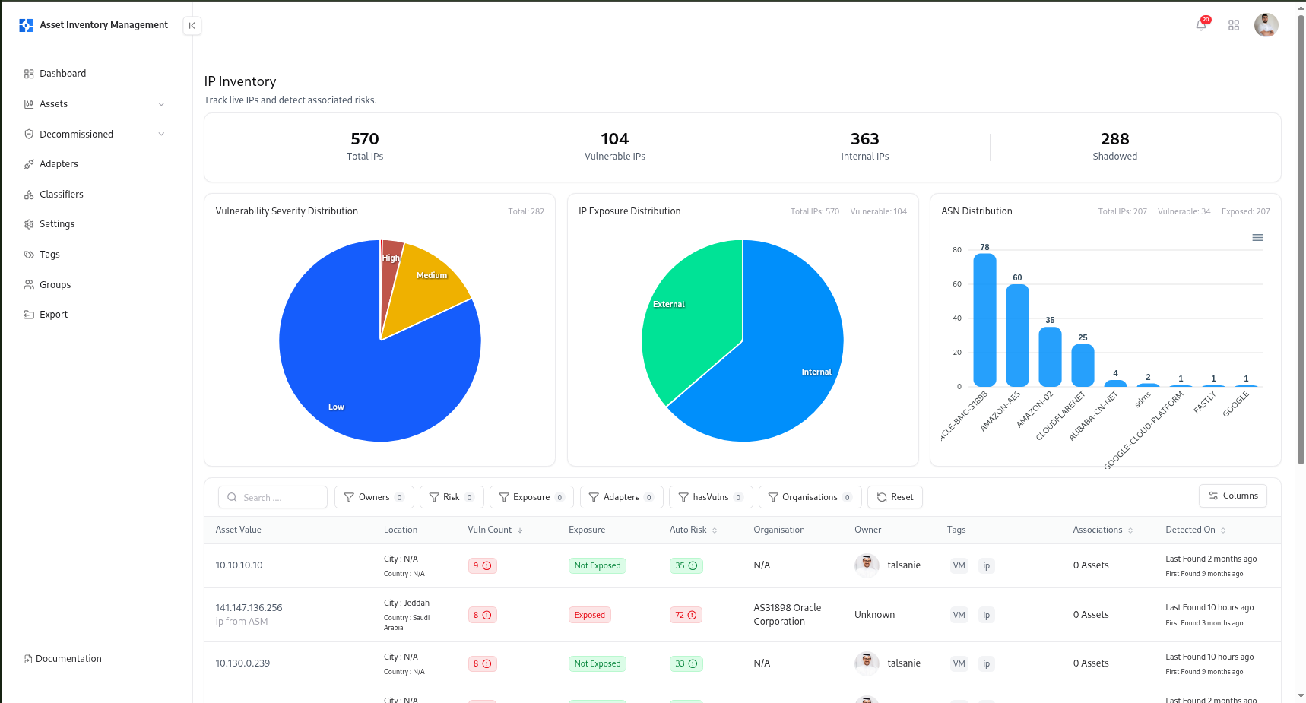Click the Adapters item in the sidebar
coord(59,164)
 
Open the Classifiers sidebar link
coord(61,195)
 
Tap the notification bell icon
coord(1200,25)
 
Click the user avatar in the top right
coord(1266,25)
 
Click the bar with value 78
coord(984,320)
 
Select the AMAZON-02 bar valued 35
coord(1050,356)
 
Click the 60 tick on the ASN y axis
coord(957,284)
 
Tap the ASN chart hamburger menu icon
coord(1257,238)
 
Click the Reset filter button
coord(895,497)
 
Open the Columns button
coord(1232,496)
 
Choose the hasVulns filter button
coord(710,497)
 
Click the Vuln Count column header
coord(490,530)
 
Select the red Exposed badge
coord(589,615)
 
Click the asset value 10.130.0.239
coord(242,663)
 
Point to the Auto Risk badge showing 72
coord(686,615)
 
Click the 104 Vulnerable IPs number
coord(614,139)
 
